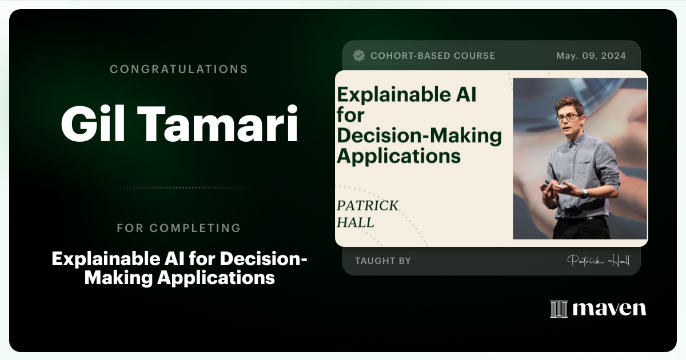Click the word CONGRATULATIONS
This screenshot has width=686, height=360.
coord(178,69)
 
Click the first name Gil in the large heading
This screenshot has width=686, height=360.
coord(95,124)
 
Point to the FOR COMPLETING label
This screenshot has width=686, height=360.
coord(178,228)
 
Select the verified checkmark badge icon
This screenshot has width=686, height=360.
coord(359,55)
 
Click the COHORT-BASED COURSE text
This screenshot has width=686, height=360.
coord(433,56)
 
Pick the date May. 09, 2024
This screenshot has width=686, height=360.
coord(591,56)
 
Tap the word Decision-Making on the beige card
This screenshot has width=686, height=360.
coord(419,136)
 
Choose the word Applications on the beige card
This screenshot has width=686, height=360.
coord(398,155)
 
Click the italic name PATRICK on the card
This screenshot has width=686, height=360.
coord(368,206)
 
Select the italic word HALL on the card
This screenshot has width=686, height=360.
coord(355,222)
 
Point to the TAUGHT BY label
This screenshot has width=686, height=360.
coord(382,261)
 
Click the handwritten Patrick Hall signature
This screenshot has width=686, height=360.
coord(598,261)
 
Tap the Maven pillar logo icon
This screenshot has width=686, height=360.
coord(559,309)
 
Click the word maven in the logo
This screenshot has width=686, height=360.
coord(609,309)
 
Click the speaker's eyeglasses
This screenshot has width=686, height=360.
coord(567,117)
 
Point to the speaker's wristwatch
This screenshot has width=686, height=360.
coord(584,193)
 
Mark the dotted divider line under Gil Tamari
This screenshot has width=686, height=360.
coord(178,187)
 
